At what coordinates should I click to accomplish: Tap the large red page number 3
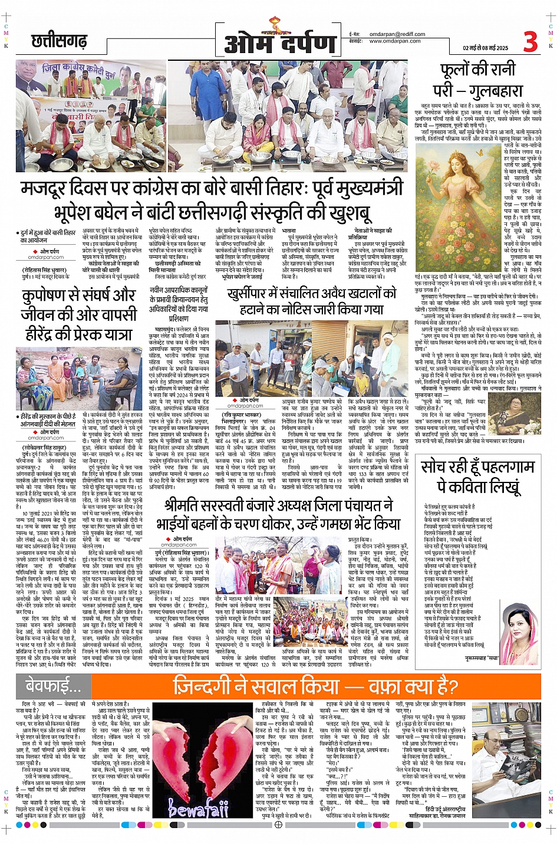click(530, 42)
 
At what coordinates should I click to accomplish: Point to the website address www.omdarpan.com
click(394, 41)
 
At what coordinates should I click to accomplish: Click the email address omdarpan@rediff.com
click(395, 34)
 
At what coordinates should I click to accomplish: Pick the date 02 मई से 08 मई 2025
click(485, 48)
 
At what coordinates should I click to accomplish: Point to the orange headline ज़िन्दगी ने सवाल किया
click(315, 687)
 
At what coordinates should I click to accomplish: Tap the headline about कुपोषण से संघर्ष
click(78, 314)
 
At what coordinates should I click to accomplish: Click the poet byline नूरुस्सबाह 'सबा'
click(482, 657)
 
